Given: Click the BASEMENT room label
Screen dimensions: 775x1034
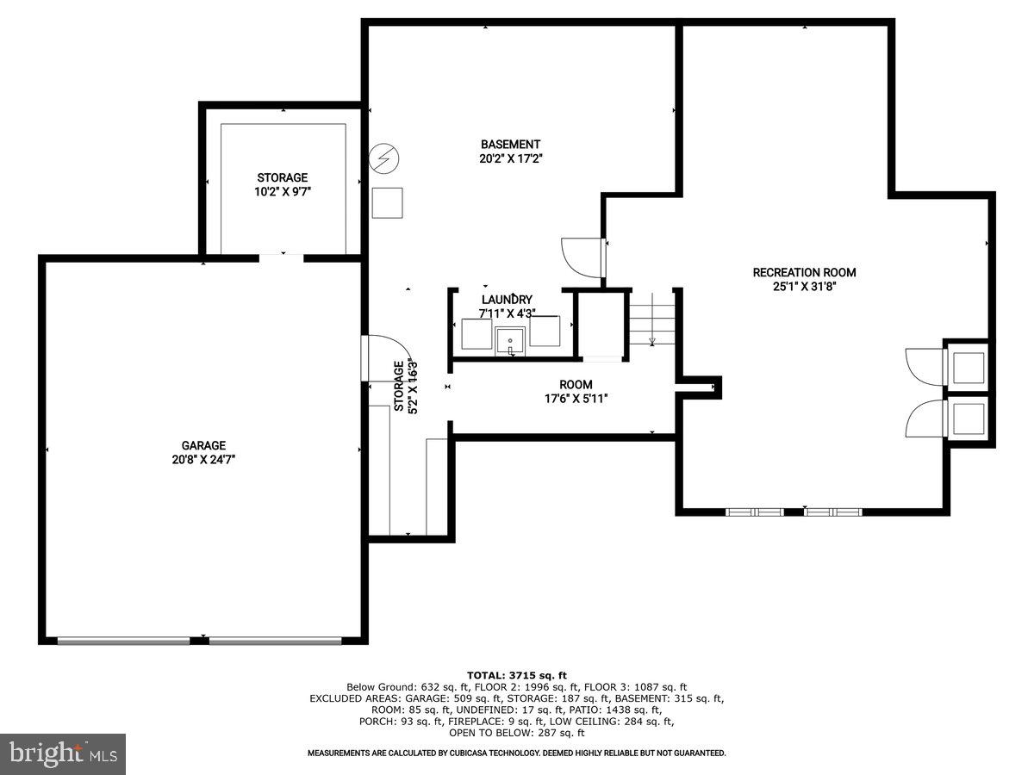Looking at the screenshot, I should click(511, 145).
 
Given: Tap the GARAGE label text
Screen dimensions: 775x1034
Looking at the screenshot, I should click(203, 445).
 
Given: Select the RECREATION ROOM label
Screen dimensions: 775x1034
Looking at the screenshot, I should click(804, 273).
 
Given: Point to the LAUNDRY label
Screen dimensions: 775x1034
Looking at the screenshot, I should click(507, 300).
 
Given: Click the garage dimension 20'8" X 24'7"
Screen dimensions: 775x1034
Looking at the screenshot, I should click(203, 460).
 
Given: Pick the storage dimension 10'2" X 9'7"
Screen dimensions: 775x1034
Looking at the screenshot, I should click(282, 192).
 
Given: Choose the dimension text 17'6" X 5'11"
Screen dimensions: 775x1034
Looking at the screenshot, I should click(576, 399).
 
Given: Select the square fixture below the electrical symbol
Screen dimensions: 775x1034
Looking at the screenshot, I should click(387, 203).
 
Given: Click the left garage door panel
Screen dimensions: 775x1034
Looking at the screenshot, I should click(124, 641).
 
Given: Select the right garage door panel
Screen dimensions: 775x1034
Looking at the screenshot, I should click(276, 641).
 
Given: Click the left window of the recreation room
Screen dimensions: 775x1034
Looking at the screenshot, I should click(754, 512).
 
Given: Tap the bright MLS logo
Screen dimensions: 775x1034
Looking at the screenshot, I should click(63, 753).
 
